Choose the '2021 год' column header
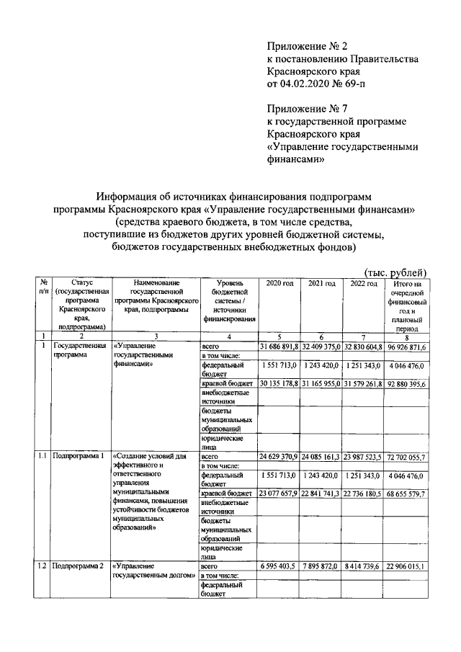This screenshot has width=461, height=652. coord(321,284)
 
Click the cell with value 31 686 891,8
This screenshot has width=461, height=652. coord(279,347)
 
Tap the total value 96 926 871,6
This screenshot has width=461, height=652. coord(408,347)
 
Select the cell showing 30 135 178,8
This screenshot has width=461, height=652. coord(279,383)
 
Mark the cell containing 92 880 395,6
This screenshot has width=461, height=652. coord(408,383)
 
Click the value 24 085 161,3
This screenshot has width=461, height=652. coord(321,457)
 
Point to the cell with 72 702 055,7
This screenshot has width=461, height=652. coord(408,457)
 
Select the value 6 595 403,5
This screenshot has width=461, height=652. coord(279,566)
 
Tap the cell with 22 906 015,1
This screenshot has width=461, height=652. coord(408,566)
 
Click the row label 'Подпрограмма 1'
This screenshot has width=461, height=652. coord(79,457)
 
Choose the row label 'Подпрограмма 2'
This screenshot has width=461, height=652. coord(79,566)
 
